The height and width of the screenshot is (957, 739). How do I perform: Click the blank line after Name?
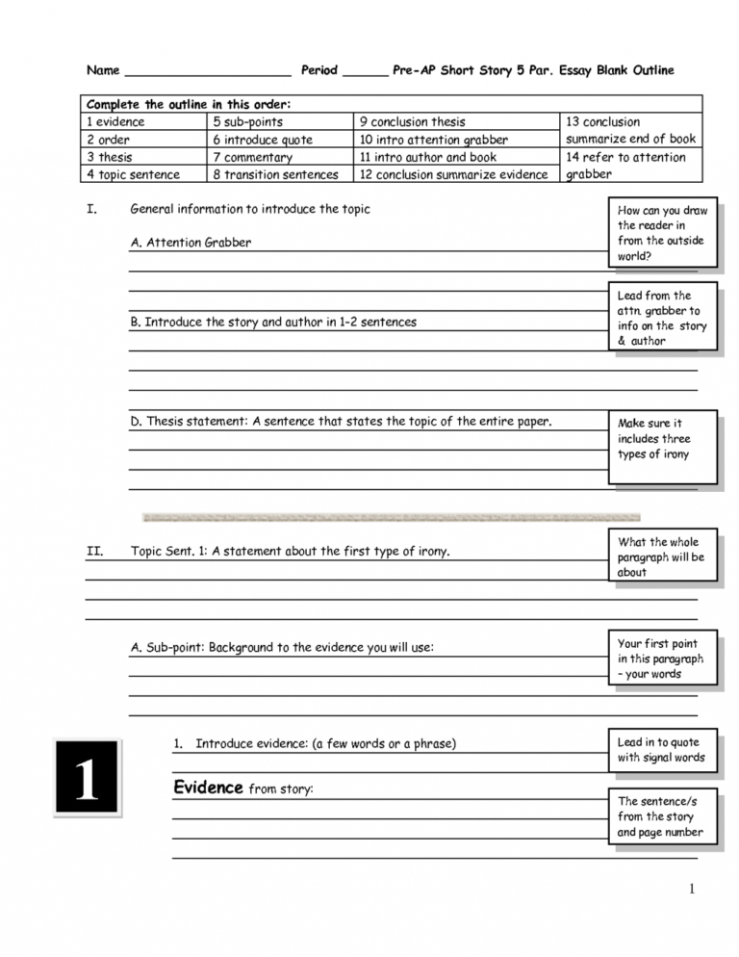(x=207, y=73)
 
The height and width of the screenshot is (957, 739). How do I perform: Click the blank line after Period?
(x=365, y=73)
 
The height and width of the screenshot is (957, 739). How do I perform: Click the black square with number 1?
(x=87, y=778)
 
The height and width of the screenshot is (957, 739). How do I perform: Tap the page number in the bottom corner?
(x=691, y=889)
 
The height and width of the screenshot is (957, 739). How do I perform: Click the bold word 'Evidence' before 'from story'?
(x=208, y=788)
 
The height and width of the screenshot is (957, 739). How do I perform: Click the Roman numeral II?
(x=94, y=552)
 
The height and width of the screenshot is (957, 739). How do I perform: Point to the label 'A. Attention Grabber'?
(x=191, y=243)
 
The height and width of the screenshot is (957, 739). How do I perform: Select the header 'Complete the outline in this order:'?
(x=189, y=104)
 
